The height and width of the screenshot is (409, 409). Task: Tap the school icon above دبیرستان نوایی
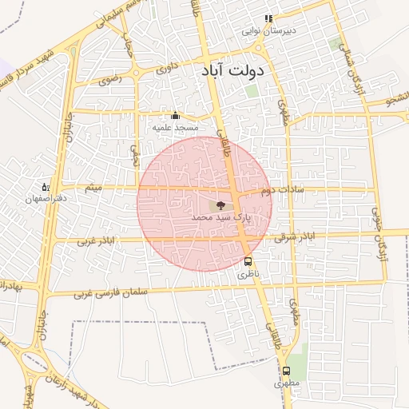point(269,19)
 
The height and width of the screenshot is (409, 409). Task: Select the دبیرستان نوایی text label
point(269,31)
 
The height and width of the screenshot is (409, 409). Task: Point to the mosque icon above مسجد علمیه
point(176,115)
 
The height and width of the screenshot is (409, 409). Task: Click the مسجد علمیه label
point(176,127)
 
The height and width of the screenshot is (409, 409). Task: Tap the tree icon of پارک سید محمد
point(220,205)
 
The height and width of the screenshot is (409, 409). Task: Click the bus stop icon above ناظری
point(248,261)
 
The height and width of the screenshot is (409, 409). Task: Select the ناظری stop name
point(248,274)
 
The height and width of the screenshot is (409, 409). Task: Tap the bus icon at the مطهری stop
point(286,371)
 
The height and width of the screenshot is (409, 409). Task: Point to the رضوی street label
point(109,80)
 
